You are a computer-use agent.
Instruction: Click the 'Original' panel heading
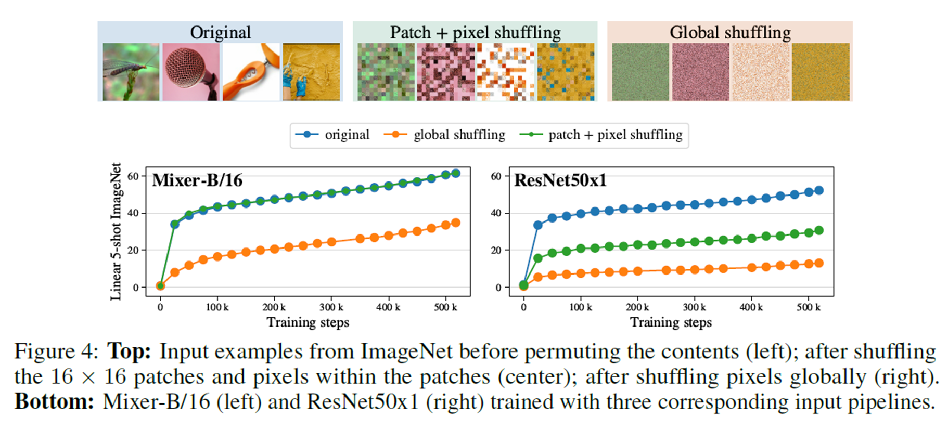tap(220, 32)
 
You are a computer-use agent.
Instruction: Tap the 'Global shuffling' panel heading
tap(729, 32)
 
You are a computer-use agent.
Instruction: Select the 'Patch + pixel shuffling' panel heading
tap(475, 32)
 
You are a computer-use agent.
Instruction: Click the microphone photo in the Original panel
tap(190, 72)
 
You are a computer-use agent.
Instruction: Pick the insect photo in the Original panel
tap(131, 72)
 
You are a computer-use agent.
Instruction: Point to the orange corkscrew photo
tap(251, 72)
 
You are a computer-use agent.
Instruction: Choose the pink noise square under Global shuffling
tap(700, 72)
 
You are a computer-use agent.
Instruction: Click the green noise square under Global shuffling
tap(640, 72)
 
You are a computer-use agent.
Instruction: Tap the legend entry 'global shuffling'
tap(459, 135)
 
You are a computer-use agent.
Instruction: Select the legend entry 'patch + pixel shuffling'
tap(615, 135)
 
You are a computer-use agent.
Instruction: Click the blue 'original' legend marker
tap(307, 135)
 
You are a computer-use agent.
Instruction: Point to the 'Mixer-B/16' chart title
tap(197, 180)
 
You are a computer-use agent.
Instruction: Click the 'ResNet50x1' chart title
tap(560, 180)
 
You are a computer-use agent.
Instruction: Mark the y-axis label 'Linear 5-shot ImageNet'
tap(116, 231)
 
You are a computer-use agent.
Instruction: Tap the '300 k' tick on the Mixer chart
tap(331, 307)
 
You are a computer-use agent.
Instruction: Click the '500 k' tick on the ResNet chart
tap(808, 307)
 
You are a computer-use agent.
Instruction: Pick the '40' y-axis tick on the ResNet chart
tap(496, 213)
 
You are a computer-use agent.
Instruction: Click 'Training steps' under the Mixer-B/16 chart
tap(308, 322)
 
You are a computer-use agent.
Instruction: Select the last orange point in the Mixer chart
tap(455, 223)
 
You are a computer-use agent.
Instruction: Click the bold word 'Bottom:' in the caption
tap(54, 402)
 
